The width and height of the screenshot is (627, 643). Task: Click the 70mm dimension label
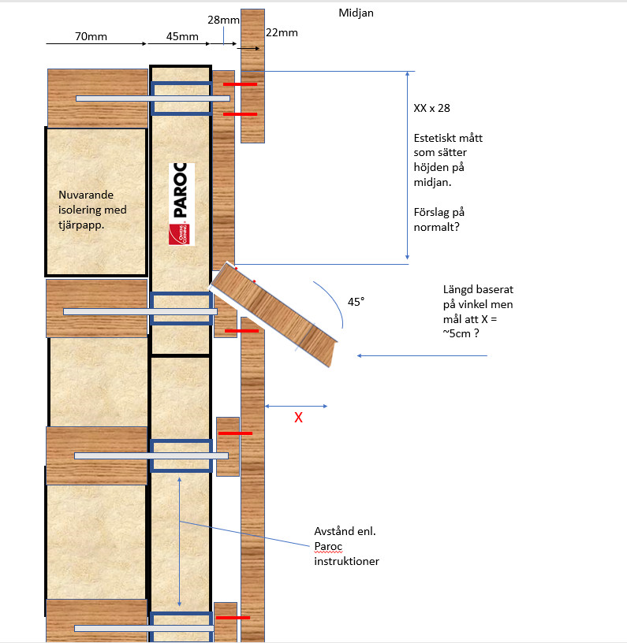91,36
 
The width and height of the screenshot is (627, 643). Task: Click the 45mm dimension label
182,36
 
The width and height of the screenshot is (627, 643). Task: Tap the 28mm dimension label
223,20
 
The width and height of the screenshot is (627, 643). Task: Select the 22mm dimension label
282,33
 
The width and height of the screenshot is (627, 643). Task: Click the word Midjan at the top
356,13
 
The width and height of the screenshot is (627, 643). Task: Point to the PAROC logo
181,204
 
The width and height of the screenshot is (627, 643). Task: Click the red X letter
298,418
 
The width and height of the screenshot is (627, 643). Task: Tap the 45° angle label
356,302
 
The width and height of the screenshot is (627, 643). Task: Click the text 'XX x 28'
431,108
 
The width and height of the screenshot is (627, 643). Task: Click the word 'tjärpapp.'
81,225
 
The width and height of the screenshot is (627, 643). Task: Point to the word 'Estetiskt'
434,138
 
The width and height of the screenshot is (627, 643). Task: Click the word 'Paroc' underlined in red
328,547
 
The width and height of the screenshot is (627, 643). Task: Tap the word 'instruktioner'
347,561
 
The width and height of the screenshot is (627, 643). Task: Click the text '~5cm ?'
461,333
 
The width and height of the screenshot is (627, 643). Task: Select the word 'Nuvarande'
86,195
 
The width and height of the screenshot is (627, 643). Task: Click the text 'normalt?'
437,227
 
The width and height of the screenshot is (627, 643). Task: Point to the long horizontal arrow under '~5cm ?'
422,355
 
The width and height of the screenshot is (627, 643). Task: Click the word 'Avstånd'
333,531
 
